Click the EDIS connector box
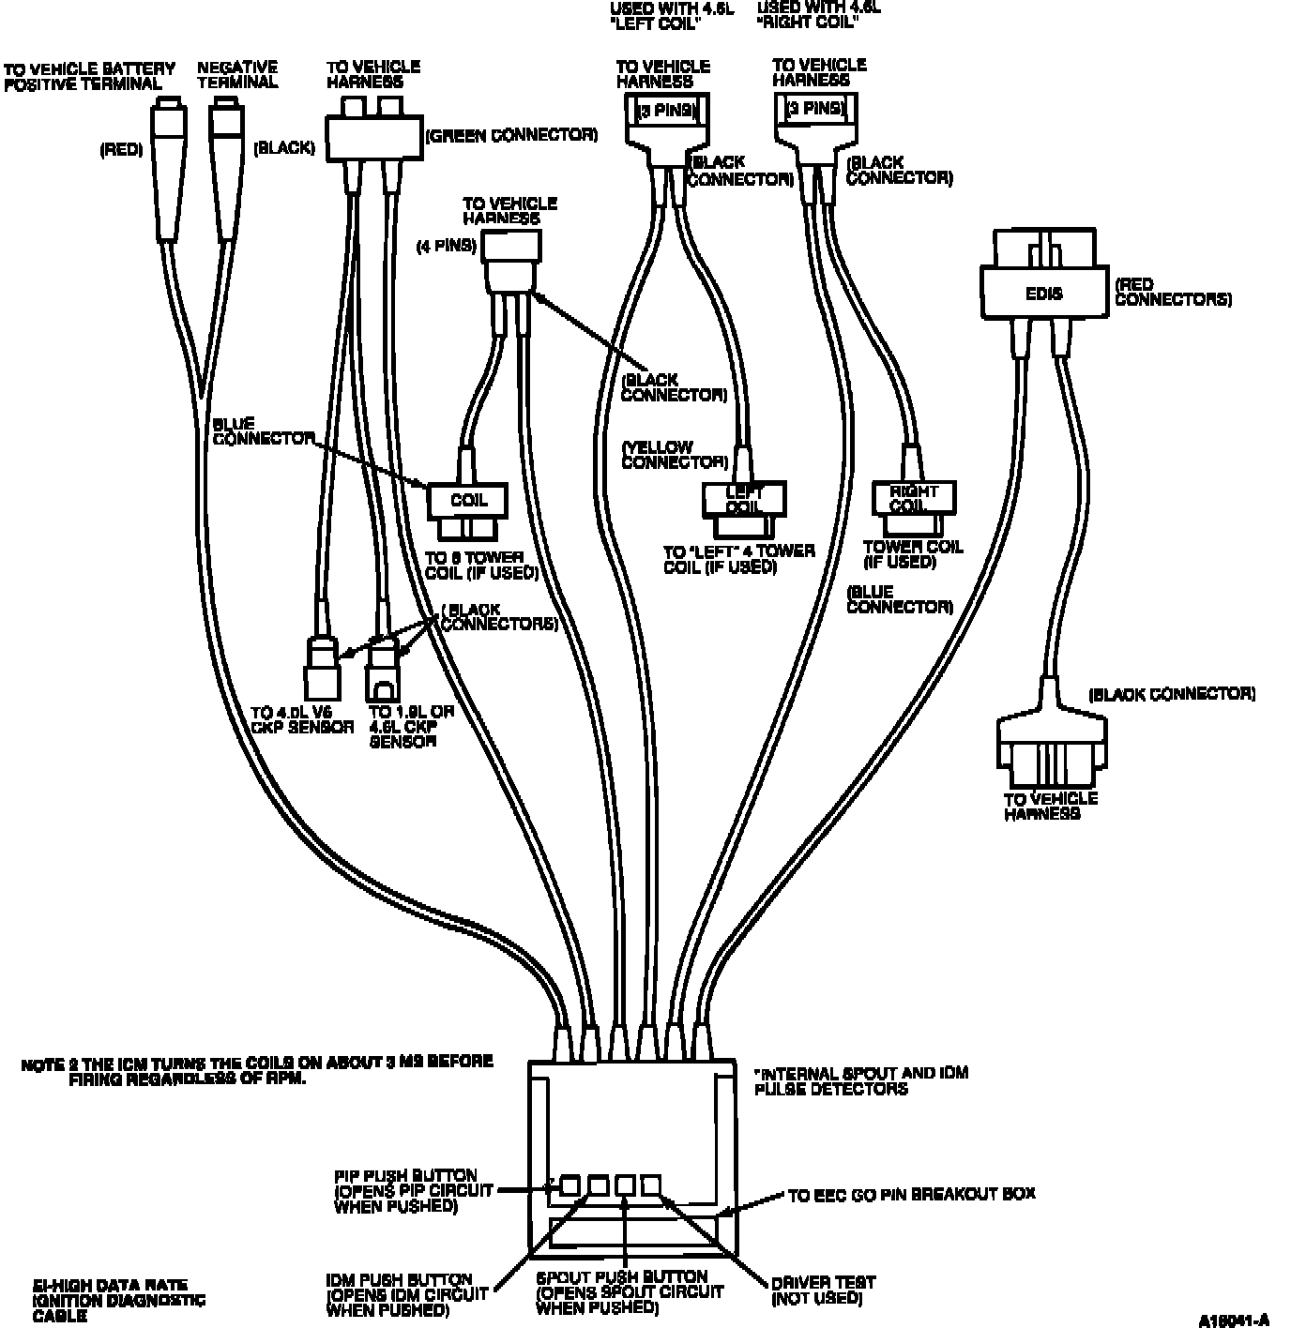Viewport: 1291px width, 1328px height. [1044, 293]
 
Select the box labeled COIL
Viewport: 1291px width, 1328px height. [468, 501]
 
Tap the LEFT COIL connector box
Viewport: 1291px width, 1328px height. [744, 499]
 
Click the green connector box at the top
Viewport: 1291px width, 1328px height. [373, 137]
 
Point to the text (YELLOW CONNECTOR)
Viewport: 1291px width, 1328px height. [674, 455]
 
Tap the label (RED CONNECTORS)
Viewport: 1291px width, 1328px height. [1172, 292]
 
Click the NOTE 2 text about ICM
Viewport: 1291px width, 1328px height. [256, 1070]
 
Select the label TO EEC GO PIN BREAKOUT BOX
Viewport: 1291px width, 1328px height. [911, 1194]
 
